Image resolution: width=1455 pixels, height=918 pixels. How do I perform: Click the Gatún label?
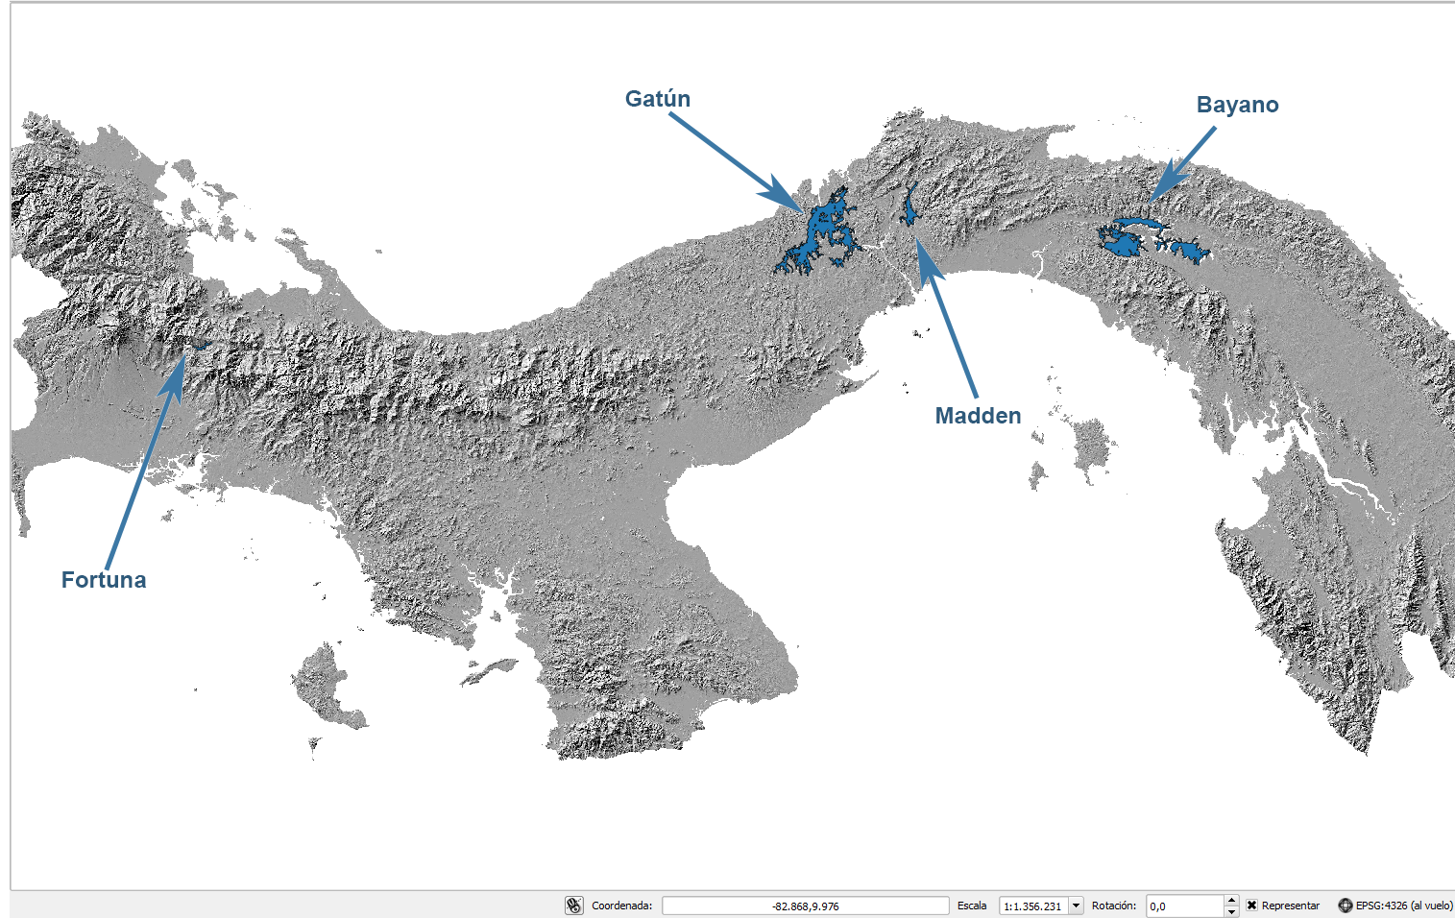pos(658,99)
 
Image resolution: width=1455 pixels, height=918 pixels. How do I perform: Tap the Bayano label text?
pos(1237,105)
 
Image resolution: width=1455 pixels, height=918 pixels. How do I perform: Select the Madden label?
pos(978,416)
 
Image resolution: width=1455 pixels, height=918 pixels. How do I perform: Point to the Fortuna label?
pos(104,580)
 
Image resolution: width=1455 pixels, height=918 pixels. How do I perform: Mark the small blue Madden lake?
pos(909,207)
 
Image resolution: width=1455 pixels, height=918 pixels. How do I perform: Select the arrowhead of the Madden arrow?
pos(925,256)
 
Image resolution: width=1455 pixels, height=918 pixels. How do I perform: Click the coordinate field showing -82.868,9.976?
pos(805,906)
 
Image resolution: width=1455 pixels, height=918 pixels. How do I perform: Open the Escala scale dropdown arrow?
pos(1077,906)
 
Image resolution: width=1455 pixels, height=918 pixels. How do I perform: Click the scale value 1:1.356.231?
pos(1033,906)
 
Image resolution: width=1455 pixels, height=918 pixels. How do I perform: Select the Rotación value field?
pos(1184,906)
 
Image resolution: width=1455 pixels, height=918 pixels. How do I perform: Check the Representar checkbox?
pos(1251,906)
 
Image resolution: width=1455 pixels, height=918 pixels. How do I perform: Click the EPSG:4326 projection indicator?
pos(1395,906)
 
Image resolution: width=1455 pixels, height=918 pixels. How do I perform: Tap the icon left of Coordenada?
pos(574,906)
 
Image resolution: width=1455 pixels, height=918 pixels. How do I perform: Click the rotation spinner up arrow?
pos(1231,900)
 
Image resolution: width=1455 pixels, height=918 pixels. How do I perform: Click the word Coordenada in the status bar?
pos(620,906)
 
